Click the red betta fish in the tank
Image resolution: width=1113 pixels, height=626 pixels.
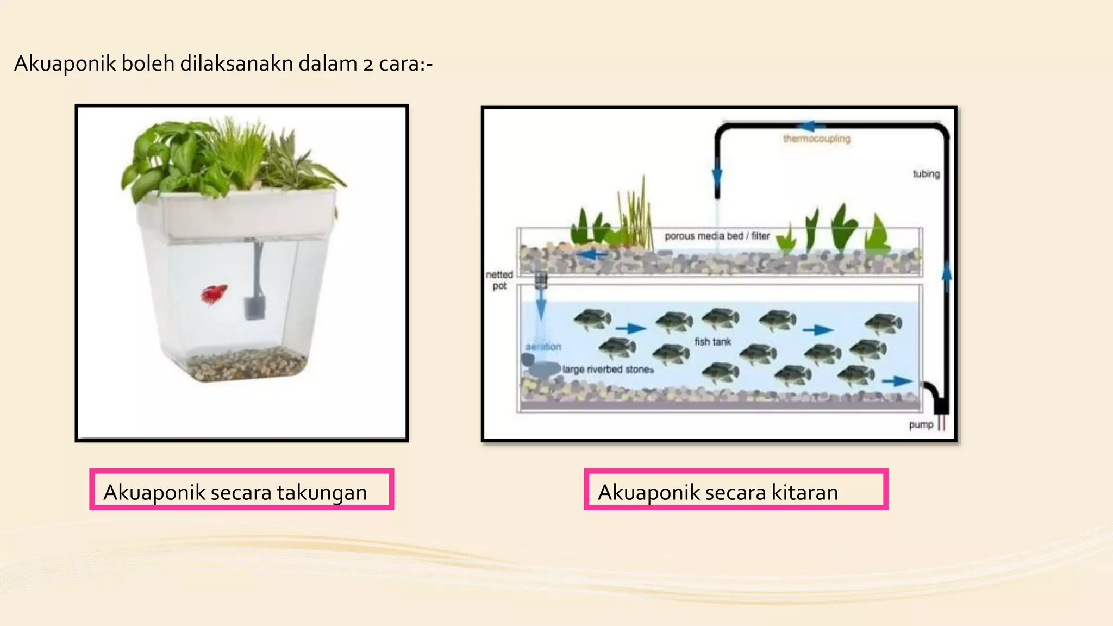click(x=213, y=294)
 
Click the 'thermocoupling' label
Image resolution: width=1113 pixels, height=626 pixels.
click(x=816, y=139)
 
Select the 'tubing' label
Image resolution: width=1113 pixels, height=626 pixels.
click(x=926, y=174)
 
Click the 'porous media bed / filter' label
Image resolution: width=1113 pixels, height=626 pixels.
click(x=717, y=236)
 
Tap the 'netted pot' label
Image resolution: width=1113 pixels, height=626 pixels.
click(x=499, y=280)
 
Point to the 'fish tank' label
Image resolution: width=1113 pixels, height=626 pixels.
click(x=712, y=342)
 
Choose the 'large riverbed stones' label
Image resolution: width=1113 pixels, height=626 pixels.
click(x=608, y=370)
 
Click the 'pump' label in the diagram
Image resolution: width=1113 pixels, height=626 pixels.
click(x=921, y=424)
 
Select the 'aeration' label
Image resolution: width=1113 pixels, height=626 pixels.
click(x=543, y=347)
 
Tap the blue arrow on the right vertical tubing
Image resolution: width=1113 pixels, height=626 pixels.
click(x=947, y=270)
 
